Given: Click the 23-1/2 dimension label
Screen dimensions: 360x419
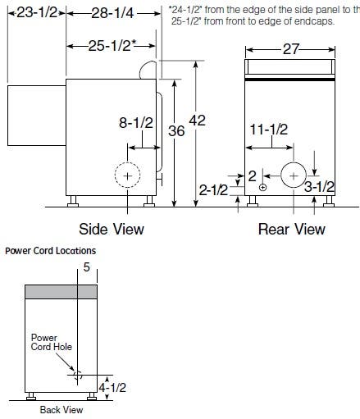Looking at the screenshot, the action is pos(37,12).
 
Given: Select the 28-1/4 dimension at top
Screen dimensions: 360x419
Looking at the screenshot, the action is pos(112,13).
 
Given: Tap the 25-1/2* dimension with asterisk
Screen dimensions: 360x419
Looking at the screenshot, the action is pos(112,46).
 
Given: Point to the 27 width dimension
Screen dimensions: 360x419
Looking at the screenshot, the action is pos(290,49).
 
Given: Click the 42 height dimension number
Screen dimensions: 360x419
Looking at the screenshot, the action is pos(198,121).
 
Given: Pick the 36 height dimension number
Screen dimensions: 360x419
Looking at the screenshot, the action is pos(176,131).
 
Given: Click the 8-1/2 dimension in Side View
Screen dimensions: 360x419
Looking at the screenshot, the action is pos(136,123).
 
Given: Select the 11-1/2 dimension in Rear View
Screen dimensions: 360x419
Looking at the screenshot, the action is pos(269,130).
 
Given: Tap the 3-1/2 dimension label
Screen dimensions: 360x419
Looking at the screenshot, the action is pos(319,187).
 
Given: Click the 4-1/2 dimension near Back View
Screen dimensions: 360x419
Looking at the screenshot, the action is pos(112,387).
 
